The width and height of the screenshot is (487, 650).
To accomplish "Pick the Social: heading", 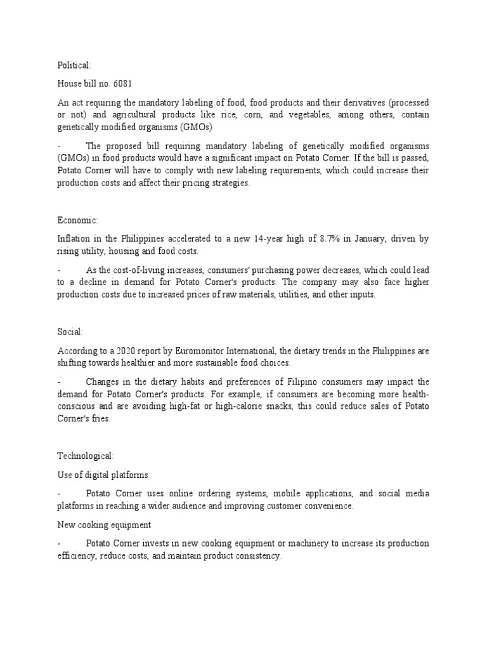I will pos(70,331).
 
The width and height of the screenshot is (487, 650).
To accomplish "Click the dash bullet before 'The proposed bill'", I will pos(59,146).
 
